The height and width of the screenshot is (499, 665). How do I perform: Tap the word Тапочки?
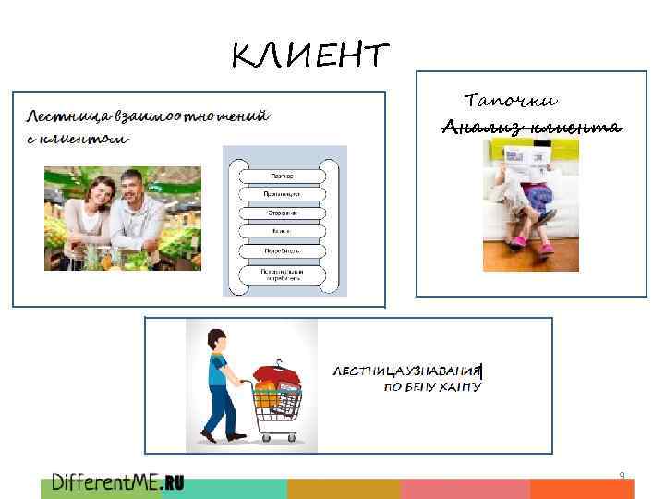click(511, 100)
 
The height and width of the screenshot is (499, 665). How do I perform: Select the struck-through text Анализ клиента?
click(531, 127)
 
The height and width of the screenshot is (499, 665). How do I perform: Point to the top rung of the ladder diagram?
click(284, 176)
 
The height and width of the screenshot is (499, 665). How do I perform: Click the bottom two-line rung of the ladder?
click(284, 274)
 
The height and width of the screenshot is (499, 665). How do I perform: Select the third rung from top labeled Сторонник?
click(284, 213)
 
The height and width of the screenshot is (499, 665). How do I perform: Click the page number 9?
click(622, 476)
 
